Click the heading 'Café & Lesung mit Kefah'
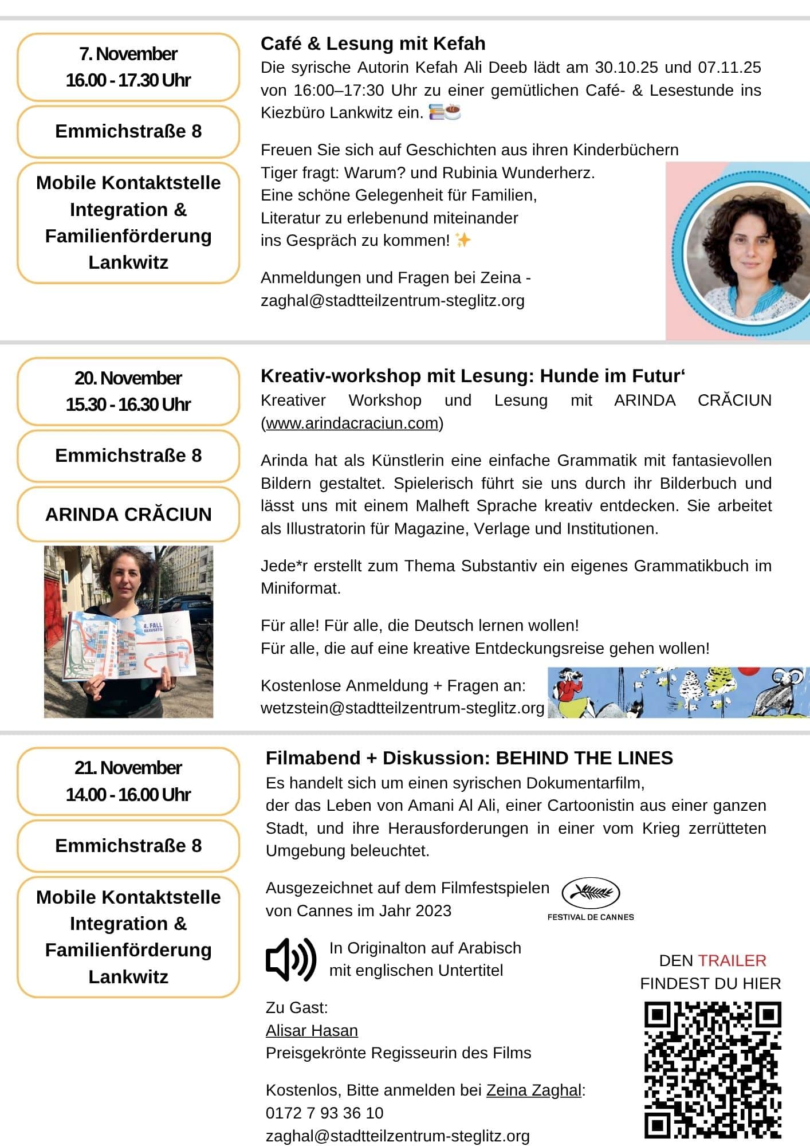pos(373,44)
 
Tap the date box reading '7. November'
pos(128,67)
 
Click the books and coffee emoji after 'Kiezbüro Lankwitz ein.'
pos(445,112)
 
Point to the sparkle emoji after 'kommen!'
pos(463,240)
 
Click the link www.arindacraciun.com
pos(352,423)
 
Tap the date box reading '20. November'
pos(128,391)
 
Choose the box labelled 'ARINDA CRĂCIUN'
pos(128,515)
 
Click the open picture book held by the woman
pos(131,646)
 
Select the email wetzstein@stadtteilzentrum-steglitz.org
pos(402,708)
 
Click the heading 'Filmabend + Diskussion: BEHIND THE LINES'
pos(469,758)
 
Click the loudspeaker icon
pos(291,959)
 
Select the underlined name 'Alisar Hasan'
pos(312,1030)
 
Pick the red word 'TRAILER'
pos(732,960)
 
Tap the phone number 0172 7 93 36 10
pos(324,1113)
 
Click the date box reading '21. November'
pos(128,781)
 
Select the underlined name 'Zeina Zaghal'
pos(533,1090)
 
